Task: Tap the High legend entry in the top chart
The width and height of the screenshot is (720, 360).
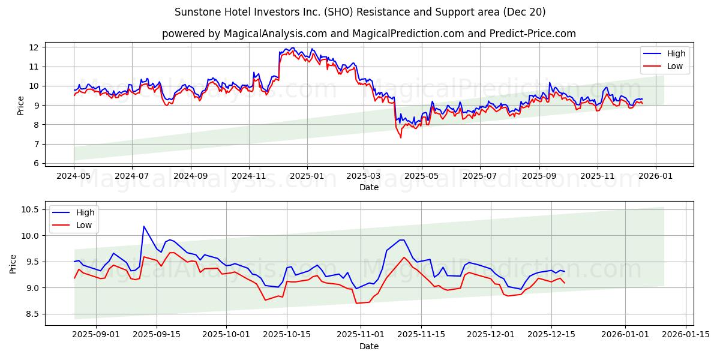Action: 676,53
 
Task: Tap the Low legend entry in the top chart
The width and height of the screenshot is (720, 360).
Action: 675,66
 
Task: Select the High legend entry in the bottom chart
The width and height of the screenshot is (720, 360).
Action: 84,212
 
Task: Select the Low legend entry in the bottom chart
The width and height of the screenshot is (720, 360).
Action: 83,225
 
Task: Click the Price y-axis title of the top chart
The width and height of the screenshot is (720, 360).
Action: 21,106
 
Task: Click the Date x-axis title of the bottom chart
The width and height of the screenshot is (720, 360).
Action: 368,346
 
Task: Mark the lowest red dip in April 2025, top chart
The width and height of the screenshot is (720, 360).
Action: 401,137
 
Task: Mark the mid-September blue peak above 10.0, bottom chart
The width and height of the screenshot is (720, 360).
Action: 143,226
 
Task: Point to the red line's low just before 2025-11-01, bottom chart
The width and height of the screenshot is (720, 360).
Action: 356,303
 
